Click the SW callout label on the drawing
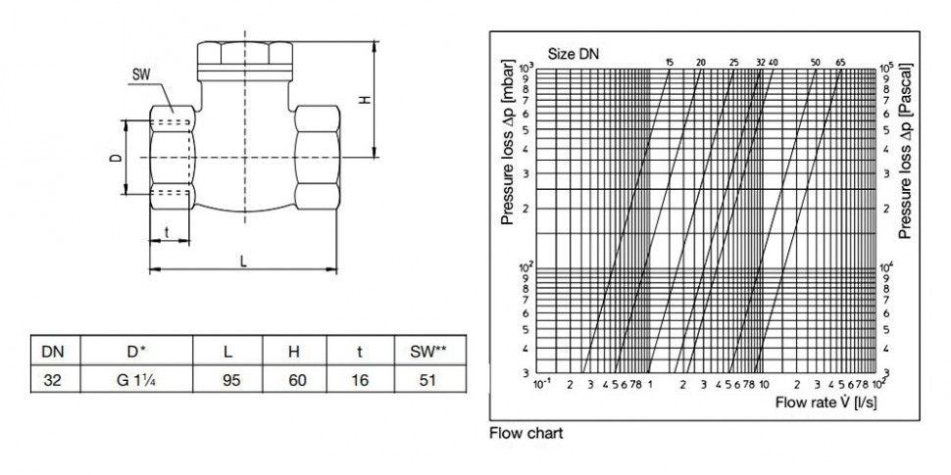pos(140,74)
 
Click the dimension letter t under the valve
pos(168,232)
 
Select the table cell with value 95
pos(231,380)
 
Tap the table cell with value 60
pos(295,380)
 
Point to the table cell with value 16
pos(360,380)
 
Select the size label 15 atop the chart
pos(669,63)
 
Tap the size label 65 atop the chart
pos(840,63)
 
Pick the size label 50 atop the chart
pos(815,63)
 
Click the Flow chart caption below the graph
pos(526,431)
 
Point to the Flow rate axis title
pos(819,403)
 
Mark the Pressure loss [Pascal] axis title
pos(907,149)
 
